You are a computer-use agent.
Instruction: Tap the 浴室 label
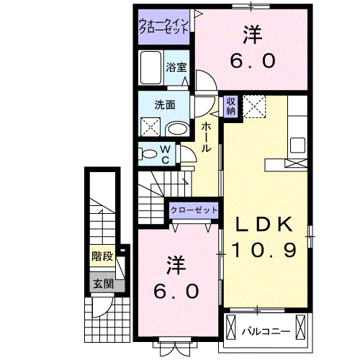pyautogui.click(x=176, y=68)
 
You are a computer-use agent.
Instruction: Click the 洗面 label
pyautogui.click(x=164, y=104)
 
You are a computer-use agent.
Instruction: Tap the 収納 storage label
pyautogui.click(x=231, y=107)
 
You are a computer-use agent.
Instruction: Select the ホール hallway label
pyautogui.click(x=207, y=137)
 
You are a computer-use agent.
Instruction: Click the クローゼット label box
pyautogui.click(x=194, y=210)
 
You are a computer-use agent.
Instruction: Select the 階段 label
pyautogui.click(x=102, y=256)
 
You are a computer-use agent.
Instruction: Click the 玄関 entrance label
pyautogui.click(x=102, y=283)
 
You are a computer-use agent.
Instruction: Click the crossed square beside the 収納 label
pyautogui.click(x=253, y=107)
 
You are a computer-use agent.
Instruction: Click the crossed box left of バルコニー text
pyautogui.click(x=231, y=327)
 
